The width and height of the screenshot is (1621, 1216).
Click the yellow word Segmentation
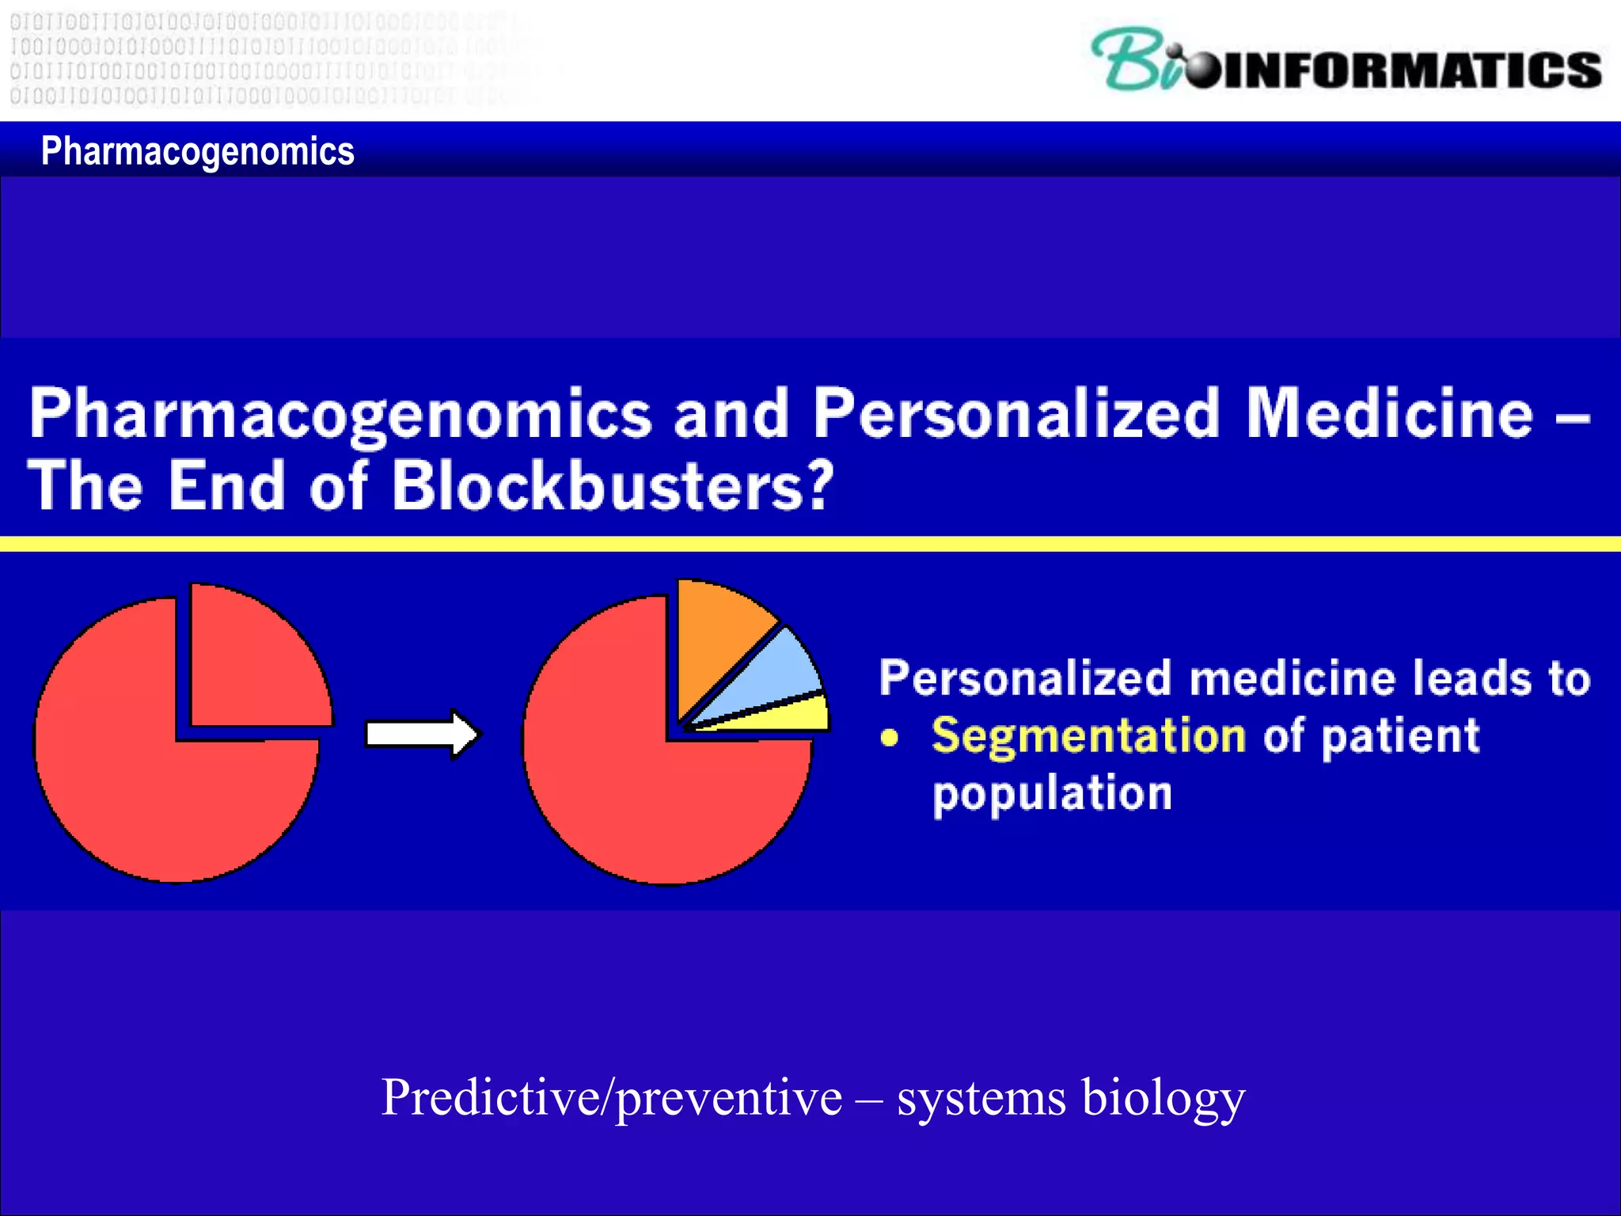pyautogui.click(x=1088, y=736)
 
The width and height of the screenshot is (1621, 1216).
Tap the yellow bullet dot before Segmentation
pyautogui.click(x=890, y=738)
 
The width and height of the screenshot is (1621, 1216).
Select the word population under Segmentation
pyautogui.click(x=1052, y=794)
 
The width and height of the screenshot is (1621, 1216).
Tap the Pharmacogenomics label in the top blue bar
pyautogui.click(x=197, y=150)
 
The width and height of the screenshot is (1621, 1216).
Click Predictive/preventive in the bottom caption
pyautogui.click(x=611, y=1099)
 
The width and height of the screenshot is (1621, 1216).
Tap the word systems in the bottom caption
pyautogui.click(x=981, y=1099)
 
